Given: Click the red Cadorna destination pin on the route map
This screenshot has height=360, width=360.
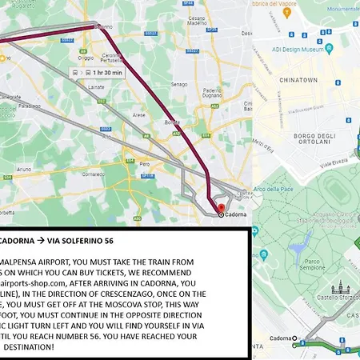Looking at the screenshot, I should [221, 214].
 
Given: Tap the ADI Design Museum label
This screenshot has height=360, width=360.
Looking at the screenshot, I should [301, 50].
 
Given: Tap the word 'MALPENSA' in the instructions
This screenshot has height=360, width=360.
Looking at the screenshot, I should [26, 261].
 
